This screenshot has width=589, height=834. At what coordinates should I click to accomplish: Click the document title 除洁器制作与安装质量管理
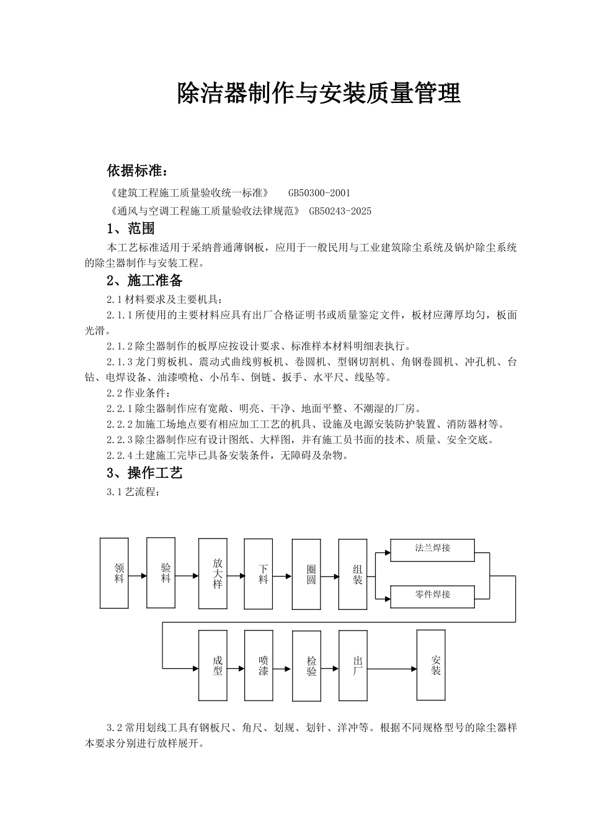click(319, 94)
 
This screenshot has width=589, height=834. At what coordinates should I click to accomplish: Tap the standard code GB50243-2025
click(340, 211)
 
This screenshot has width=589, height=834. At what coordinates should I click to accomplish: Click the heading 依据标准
click(137, 171)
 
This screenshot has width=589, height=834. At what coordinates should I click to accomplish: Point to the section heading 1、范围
click(131, 228)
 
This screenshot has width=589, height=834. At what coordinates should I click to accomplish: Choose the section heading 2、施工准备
click(144, 280)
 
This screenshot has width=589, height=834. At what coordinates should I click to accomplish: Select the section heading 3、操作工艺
click(144, 473)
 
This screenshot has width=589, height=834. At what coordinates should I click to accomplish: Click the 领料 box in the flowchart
click(119, 573)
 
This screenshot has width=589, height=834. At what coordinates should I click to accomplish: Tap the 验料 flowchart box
click(166, 572)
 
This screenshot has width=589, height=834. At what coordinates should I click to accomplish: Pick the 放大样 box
click(218, 573)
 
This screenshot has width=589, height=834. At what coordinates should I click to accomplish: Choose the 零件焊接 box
click(432, 596)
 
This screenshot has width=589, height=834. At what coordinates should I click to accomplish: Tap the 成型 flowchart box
click(218, 666)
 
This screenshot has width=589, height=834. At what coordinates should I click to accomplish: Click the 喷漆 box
click(263, 666)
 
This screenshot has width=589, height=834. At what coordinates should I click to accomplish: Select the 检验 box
click(311, 666)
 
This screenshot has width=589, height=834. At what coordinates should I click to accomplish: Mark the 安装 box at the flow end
click(436, 665)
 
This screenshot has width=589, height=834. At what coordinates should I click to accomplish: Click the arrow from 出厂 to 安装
click(393, 669)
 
